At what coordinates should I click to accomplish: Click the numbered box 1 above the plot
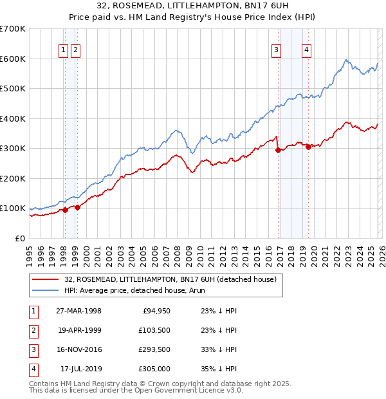pos(64,51)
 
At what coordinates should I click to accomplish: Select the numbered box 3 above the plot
pos(276,51)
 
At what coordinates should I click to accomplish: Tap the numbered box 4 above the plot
pos(307,51)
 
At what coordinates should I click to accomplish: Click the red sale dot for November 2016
pos(278,151)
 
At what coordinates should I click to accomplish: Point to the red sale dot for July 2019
pos(308,147)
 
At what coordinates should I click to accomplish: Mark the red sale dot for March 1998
pos(65,210)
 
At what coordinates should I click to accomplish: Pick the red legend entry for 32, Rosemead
pos(170,279)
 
